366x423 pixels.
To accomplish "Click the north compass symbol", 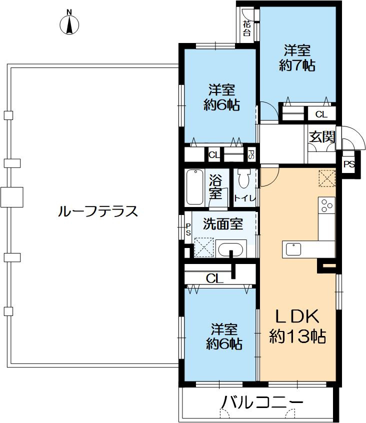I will [69, 23].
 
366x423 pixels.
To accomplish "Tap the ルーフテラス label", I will [97, 211].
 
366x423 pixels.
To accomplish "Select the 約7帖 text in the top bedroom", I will [297, 65].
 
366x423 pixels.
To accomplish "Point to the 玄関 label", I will [321, 137].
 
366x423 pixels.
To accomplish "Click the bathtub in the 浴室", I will [195, 187].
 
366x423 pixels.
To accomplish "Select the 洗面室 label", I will [222, 224].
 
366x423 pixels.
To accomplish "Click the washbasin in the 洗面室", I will [231, 248].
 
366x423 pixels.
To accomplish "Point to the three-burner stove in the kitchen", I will [326, 205].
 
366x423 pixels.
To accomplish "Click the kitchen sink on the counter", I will [293, 248].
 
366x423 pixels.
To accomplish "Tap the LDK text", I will [298, 317].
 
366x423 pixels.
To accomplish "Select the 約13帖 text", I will [298, 336].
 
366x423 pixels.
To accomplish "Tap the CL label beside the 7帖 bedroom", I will [321, 114].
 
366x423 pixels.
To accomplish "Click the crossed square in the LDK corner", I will [326, 177].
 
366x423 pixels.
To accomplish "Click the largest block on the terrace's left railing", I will [12, 196].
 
